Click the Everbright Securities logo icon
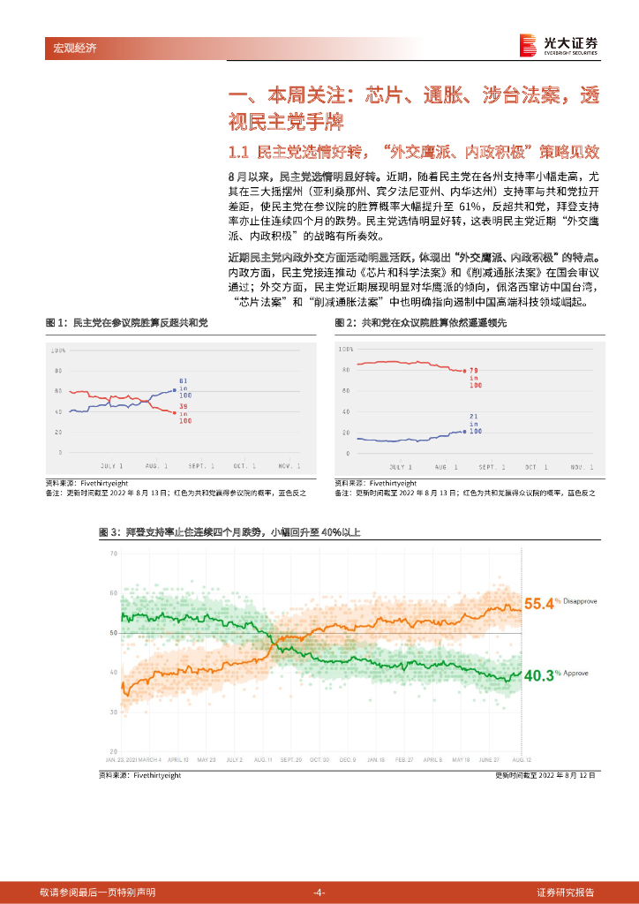[528, 44]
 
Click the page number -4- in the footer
[319, 892]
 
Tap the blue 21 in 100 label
[475, 423]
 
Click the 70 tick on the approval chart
[114, 554]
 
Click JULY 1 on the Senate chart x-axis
[112, 465]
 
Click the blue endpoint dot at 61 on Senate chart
[174, 388]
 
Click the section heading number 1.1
[241, 150]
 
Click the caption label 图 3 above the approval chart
[108, 532]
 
